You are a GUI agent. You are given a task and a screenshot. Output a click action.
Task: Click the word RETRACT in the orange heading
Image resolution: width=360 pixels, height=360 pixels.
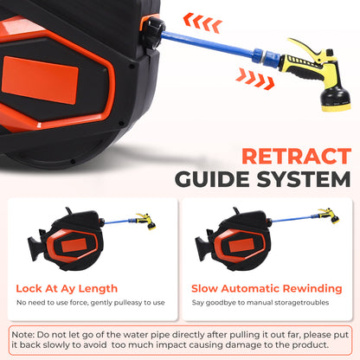(x=297, y=156)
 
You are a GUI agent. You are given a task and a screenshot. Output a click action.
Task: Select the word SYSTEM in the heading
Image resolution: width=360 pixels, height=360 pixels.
(x=304, y=179)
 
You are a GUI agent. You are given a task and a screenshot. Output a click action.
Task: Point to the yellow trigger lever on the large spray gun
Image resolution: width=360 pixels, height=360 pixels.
(x=305, y=48)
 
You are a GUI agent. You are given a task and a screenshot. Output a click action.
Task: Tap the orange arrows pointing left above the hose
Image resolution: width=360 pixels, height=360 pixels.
(x=202, y=22)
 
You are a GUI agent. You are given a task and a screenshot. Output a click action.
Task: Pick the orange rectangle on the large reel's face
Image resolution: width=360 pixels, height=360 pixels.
(x=40, y=80)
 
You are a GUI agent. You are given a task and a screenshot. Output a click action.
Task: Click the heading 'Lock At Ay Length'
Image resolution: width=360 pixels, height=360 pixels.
(x=67, y=288)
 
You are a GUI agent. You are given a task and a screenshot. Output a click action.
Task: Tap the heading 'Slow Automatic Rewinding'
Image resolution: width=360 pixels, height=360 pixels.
(x=267, y=288)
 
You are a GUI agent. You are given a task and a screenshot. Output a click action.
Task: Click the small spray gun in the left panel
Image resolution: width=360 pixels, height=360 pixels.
(x=146, y=221)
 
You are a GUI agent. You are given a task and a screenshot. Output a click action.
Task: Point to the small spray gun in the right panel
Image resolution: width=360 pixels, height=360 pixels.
(x=328, y=215)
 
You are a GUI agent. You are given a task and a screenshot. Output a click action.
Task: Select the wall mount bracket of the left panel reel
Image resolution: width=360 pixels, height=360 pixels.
(x=35, y=245)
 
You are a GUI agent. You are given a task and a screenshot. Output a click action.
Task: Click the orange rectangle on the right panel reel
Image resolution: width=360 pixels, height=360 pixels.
(x=241, y=246)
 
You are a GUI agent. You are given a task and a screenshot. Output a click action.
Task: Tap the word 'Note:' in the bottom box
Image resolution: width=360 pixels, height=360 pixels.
(x=23, y=335)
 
